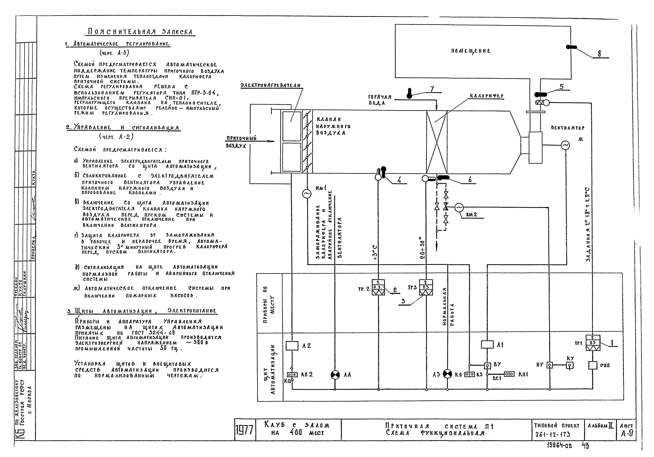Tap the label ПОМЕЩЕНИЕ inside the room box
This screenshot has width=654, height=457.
click(471, 51)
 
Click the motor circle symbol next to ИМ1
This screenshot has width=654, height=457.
click(307, 194)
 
